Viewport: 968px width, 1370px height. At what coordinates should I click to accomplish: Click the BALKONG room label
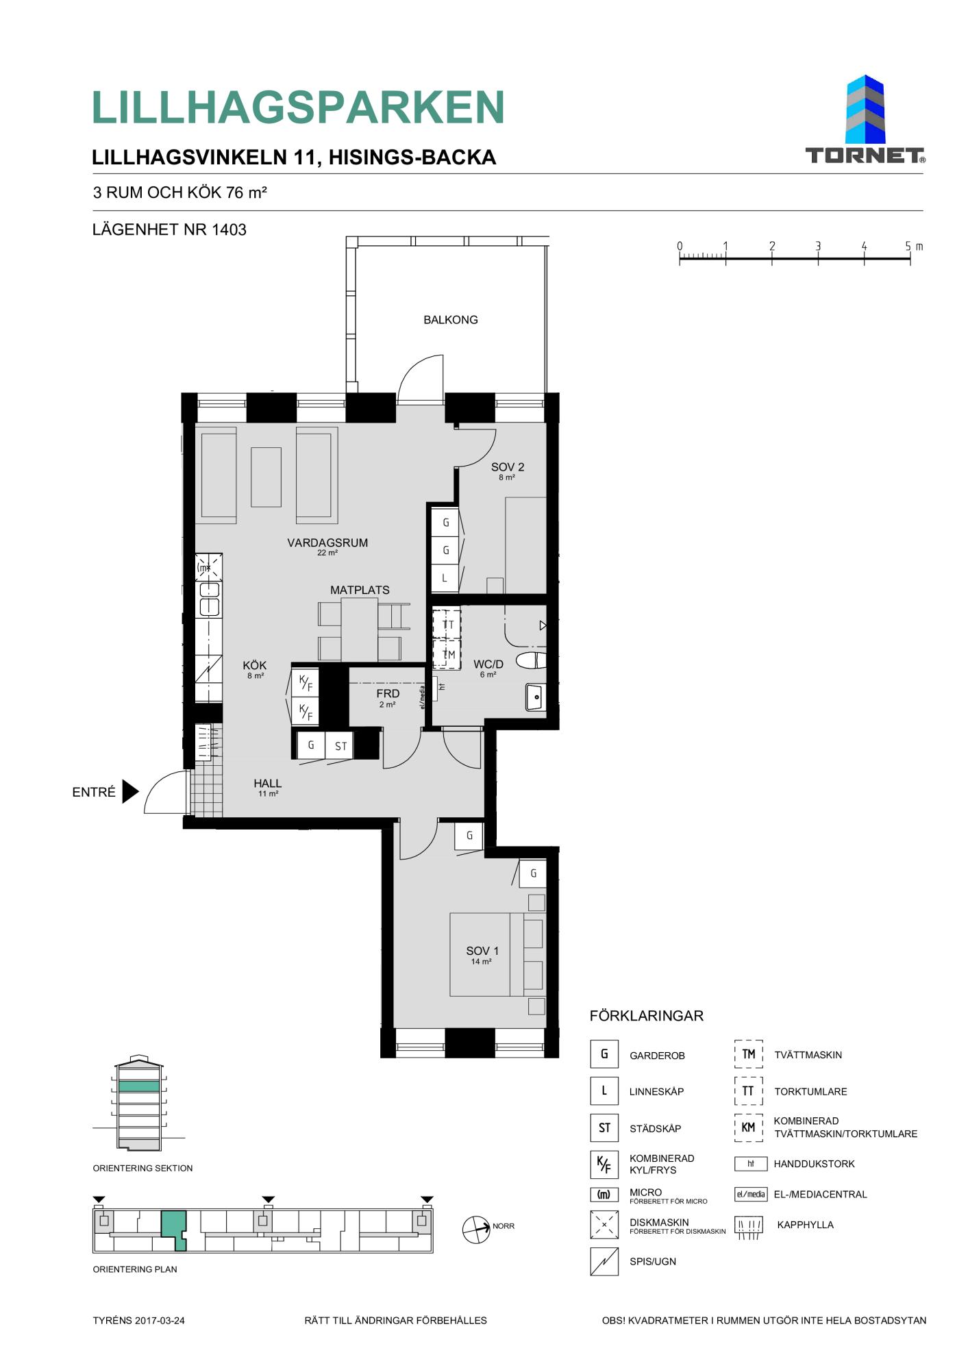point(450,320)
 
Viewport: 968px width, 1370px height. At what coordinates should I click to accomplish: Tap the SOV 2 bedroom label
point(508,467)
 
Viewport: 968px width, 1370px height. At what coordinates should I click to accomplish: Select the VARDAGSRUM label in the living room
point(327,543)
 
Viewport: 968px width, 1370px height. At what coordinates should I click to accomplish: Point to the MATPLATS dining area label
point(360,590)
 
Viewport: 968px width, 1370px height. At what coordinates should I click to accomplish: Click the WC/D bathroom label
point(488,664)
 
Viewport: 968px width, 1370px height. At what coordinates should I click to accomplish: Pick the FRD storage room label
point(388,694)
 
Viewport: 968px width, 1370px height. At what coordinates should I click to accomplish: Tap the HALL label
point(267,784)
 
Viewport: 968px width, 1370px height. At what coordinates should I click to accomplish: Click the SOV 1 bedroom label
point(482,951)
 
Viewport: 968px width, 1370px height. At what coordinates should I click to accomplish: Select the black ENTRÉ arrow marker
point(130,791)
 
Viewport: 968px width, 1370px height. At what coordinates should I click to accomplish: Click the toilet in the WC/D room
point(531,660)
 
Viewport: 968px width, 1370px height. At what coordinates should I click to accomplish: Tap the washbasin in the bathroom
point(536,697)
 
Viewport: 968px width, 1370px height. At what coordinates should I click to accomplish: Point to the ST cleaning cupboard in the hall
point(340,746)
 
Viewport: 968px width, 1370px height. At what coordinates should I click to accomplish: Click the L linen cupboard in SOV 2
point(445,578)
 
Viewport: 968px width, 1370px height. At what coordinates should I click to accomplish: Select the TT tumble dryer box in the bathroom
point(447,624)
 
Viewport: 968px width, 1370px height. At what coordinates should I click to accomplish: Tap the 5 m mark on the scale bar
point(910,259)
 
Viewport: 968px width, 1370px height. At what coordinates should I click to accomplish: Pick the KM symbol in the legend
point(748,1128)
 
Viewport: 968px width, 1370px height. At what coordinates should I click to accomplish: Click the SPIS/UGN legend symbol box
point(604,1261)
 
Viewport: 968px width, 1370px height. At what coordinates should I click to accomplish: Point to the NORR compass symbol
point(476,1230)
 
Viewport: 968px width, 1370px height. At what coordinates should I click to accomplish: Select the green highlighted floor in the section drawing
point(139,1086)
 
